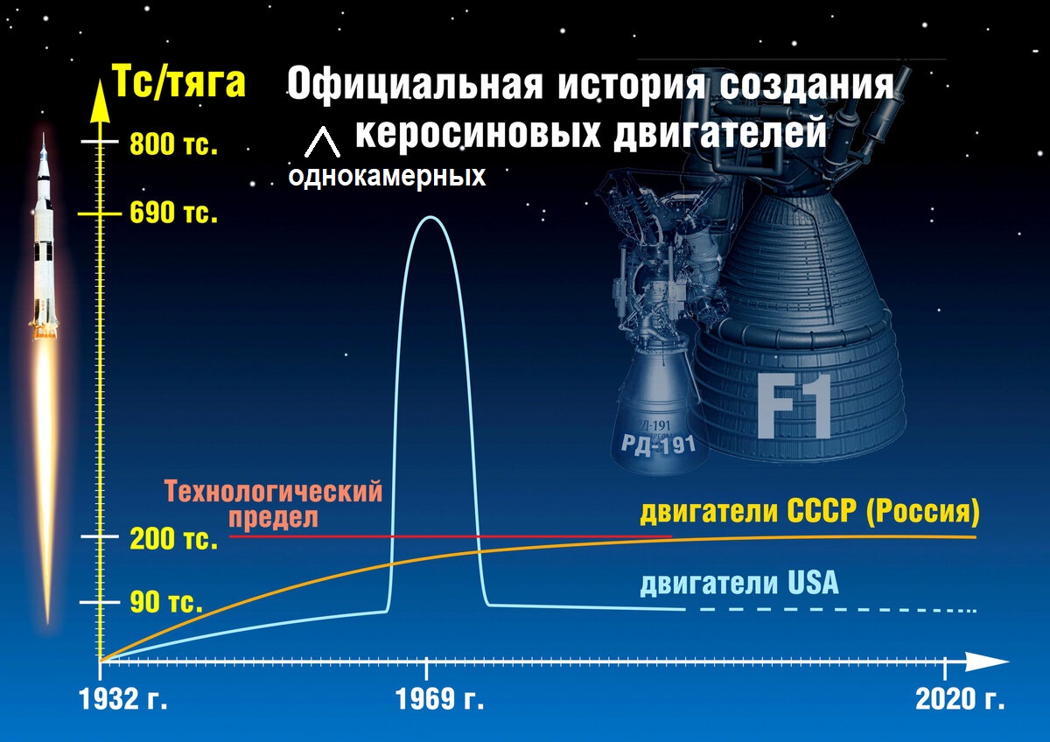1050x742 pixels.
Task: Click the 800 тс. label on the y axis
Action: [173, 143]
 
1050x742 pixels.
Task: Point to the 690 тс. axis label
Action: [173, 213]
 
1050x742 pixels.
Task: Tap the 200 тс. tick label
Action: [173, 539]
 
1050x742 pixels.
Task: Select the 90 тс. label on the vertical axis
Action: [166, 602]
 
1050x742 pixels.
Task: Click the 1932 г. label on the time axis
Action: [123, 700]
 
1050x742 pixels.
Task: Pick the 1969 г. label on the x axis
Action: [439, 700]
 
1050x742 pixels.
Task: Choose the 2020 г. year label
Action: [960, 700]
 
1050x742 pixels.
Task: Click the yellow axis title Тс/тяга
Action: [179, 82]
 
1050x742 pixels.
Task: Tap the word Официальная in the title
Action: [415, 84]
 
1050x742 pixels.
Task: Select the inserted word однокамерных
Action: [387, 177]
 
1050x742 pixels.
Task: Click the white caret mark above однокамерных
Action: [322, 142]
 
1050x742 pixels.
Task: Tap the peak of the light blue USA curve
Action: [430, 217]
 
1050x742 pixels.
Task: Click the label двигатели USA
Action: [739, 584]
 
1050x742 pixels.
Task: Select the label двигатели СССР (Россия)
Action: [810, 511]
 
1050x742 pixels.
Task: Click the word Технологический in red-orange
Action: [274, 492]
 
